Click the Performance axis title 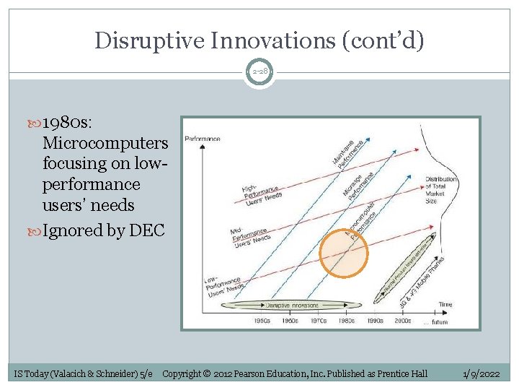(x=203, y=138)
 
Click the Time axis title (x=445, y=306)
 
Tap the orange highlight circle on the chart (x=344, y=253)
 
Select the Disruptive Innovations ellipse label (x=296, y=305)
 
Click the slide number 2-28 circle (x=259, y=72)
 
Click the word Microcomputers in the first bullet (x=105, y=142)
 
